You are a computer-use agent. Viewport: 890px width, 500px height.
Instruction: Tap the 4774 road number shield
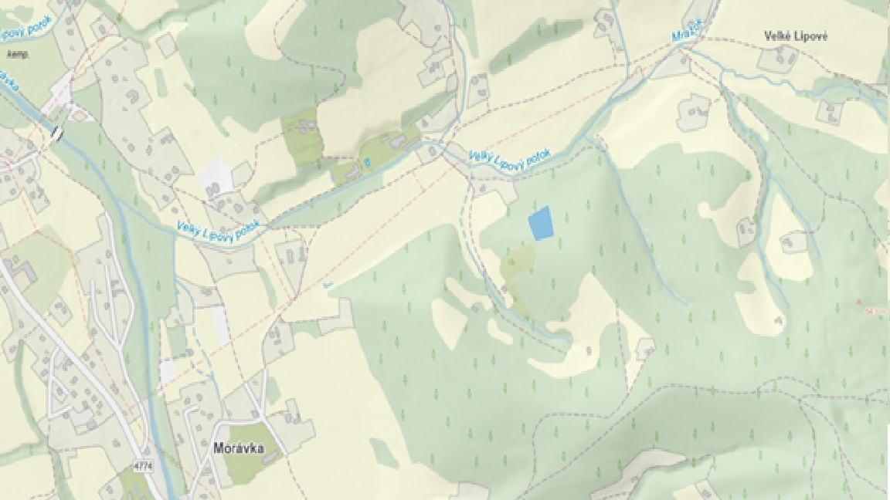[x=142, y=466]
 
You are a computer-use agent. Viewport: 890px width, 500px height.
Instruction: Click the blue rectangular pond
[x=541, y=223]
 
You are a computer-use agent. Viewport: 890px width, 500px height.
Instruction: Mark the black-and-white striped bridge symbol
[x=56, y=133]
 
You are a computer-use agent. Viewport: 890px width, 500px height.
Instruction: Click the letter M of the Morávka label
[x=218, y=448]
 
